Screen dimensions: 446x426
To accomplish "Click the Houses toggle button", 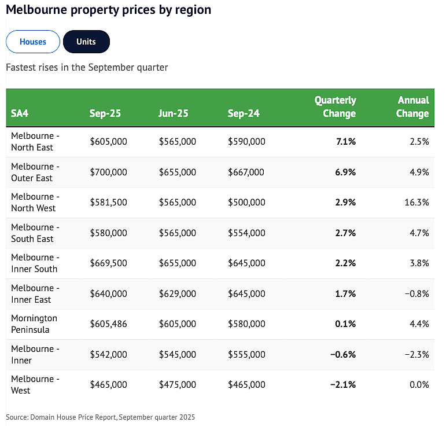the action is pos(33,42).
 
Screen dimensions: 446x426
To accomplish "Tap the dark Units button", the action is pos(86,42).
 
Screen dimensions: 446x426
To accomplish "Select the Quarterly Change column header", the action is pos(336,106).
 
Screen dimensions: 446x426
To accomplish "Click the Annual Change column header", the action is pos(412,106).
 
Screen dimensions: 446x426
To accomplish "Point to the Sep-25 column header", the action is pos(105,113).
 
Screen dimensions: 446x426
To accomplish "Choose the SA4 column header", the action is pos(20,113).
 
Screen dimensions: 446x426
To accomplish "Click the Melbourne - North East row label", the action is pos(35,141).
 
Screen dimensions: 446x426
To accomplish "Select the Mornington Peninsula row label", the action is pos(34,324).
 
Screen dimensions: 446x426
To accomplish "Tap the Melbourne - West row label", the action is pos(35,384).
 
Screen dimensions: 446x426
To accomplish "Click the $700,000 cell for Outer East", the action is pos(108,172).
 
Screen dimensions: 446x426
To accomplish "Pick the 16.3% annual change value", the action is pos(416,203).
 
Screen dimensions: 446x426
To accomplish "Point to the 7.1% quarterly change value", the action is pos(346,141).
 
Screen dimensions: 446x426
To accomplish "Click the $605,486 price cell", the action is pos(108,324).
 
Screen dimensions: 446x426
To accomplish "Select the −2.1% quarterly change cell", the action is pos(343,384).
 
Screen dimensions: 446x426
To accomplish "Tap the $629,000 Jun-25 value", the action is pos(178,293).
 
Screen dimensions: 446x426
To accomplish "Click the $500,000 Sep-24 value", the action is pos(246,203).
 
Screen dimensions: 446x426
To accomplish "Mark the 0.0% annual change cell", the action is pos(419,384).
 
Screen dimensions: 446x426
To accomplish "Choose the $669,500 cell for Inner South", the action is pos(108,263).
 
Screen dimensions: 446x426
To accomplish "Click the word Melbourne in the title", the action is pos(36,9).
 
